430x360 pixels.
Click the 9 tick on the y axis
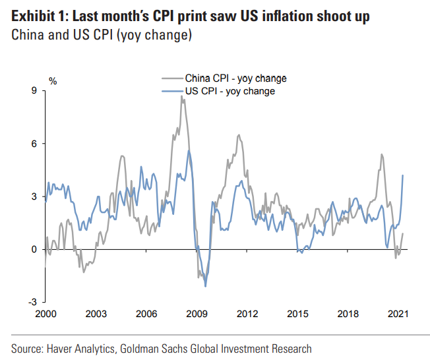(x=34, y=91)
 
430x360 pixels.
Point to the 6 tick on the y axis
(x=34, y=144)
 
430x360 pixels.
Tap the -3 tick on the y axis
(x=32, y=302)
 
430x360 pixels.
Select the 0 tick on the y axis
(x=34, y=249)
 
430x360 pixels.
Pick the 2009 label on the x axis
(x=195, y=315)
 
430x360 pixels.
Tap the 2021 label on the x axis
(x=398, y=315)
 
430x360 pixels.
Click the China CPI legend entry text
(x=235, y=79)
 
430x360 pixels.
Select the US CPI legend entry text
(x=230, y=91)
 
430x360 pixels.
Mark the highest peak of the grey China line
(x=181, y=96)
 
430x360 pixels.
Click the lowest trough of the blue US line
(x=206, y=286)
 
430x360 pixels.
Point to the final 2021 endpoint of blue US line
(x=403, y=175)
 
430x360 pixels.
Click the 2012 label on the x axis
(x=246, y=315)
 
